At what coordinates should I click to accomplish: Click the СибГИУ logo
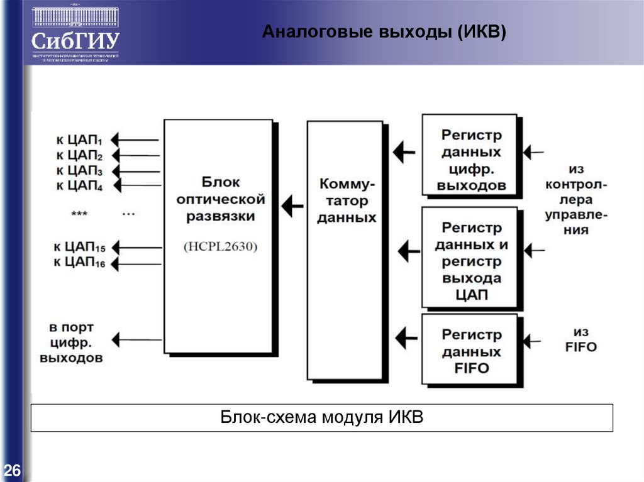point(75,35)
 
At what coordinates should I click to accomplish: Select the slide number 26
point(12,470)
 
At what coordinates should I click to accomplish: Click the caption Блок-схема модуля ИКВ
point(322,418)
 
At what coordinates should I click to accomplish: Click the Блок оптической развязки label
point(220,199)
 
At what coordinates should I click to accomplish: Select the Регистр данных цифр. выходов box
point(471,160)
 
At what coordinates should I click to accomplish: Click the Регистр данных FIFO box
point(471,351)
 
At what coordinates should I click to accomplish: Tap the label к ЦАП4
point(79,185)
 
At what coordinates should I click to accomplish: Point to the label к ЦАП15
point(79,246)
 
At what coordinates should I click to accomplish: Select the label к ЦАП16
point(79,263)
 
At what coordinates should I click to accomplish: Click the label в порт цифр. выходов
point(71,343)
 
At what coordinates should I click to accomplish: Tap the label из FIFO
point(585,339)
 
